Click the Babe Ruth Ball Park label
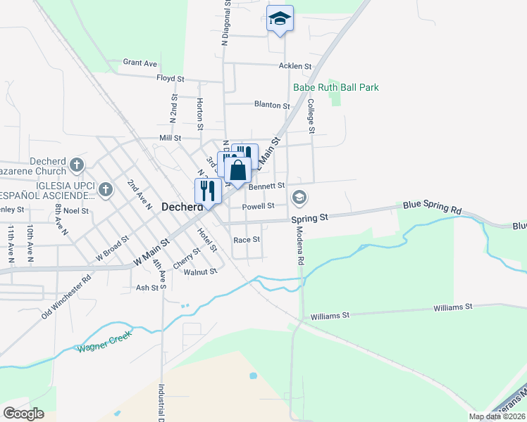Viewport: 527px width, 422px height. (336, 87)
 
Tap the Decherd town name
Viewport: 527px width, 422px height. (182, 207)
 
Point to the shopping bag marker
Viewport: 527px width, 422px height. (238, 170)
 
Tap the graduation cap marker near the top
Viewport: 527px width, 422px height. (280, 19)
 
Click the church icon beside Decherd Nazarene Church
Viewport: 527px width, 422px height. (77, 166)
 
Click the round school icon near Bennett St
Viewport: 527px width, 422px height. (299, 197)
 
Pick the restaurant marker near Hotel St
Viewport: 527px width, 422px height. (208, 190)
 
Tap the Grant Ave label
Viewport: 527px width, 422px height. (139, 63)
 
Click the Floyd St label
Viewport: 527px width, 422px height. (170, 79)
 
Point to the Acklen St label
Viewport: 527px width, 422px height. (294, 66)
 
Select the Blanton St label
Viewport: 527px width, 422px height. (272, 105)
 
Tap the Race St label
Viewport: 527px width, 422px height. (247, 239)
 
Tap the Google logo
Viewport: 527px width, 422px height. (23, 413)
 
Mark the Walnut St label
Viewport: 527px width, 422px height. (199, 271)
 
